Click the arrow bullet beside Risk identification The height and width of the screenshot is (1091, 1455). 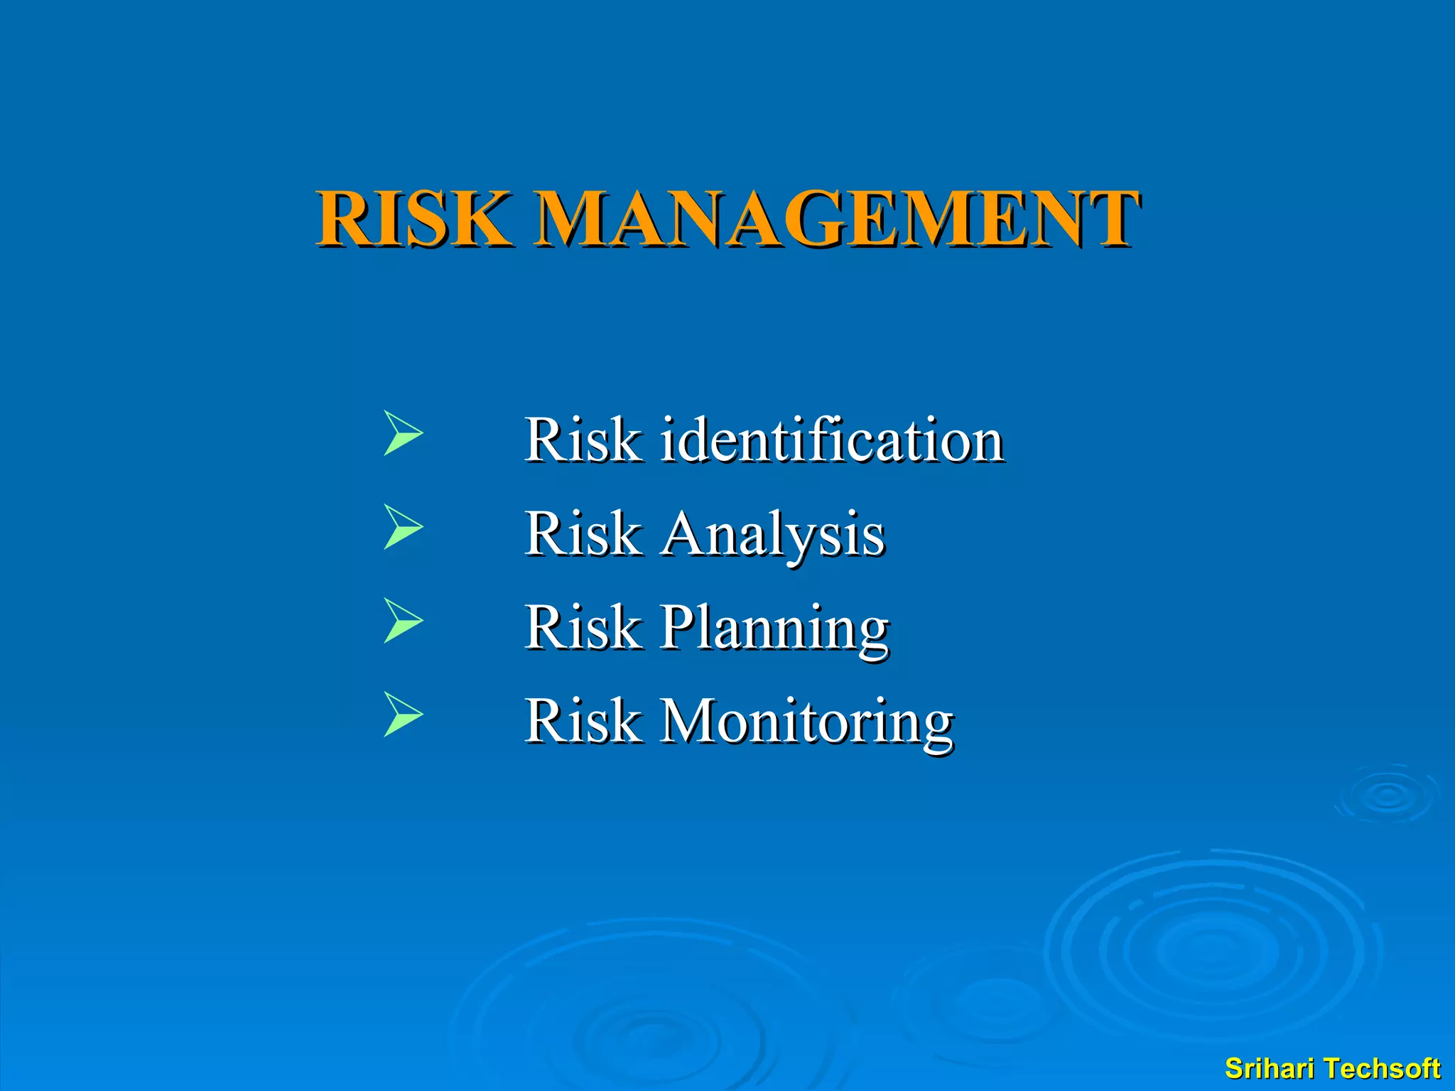click(x=402, y=433)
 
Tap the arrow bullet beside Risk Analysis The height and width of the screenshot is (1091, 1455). click(x=402, y=526)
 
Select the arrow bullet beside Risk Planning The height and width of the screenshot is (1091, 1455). click(x=402, y=620)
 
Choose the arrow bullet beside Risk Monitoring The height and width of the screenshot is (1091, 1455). click(x=402, y=714)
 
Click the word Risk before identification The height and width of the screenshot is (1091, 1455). click(x=582, y=440)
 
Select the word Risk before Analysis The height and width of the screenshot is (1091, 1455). click(x=582, y=534)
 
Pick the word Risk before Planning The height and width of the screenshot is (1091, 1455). click(x=582, y=628)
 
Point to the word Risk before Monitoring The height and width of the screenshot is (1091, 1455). click(x=582, y=722)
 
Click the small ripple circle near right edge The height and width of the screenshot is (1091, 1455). click(x=1387, y=796)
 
